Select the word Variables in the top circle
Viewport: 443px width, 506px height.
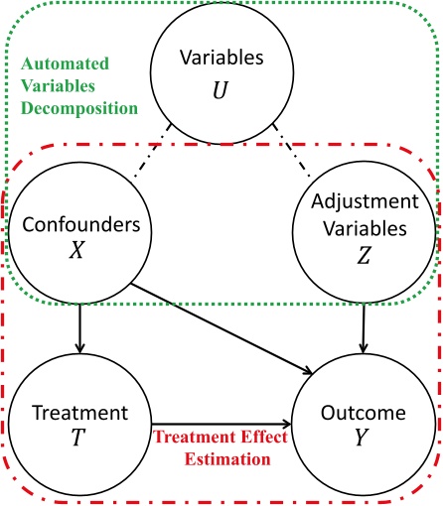221,59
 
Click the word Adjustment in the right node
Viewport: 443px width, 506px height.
365,201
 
